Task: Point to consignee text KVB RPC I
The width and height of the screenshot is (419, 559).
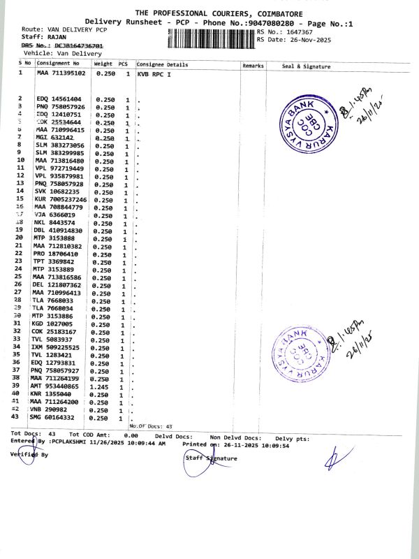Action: (154, 73)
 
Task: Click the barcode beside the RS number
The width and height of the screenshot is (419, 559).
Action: (212, 36)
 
